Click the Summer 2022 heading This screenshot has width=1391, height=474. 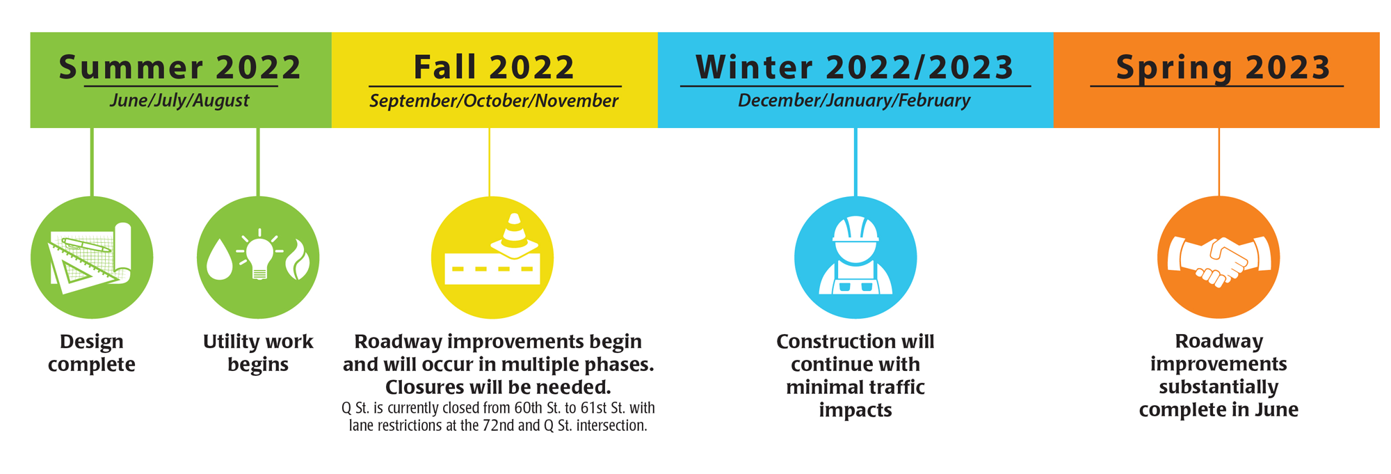(x=180, y=68)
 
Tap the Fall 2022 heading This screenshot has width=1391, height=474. (x=494, y=68)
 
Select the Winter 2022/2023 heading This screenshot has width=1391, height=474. (x=855, y=68)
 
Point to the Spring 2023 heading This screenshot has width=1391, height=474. (x=1223, y=68)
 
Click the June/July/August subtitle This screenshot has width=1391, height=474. (x=179, y=100)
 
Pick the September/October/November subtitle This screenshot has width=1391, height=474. (x=494, y=101)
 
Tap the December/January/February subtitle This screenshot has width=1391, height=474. (x=854, y=101)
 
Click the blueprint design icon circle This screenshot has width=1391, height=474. (x=92, y=258)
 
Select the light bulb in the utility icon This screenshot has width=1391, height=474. (x=259, y=254)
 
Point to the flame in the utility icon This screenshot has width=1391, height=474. (x=298, y=260)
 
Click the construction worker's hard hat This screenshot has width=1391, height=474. (x=855, y=229)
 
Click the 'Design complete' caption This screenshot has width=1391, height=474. (x=92, y=353)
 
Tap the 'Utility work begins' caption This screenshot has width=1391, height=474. (x=258, y=353)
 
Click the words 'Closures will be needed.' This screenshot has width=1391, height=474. (x=498, y=387)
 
